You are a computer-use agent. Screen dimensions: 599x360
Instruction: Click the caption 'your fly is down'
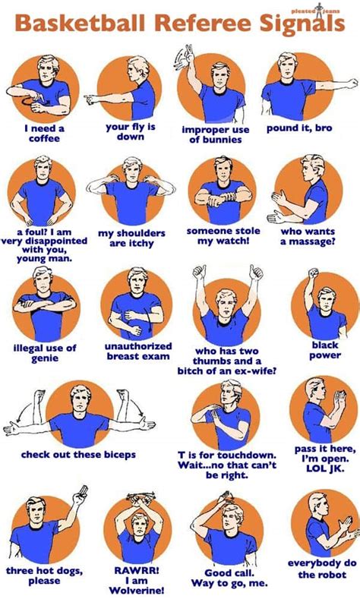click(x=130, y=132)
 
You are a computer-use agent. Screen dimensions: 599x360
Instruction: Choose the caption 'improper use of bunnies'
click(x=215, y=134)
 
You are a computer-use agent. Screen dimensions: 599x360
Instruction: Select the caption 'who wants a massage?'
click(x=308, y=236)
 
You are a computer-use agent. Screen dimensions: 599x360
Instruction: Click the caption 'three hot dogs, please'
click(x=44, y=575)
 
